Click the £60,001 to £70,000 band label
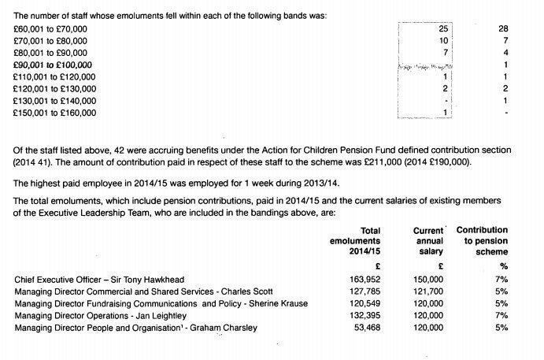(51, 29)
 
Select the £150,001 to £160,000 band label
(54, 113)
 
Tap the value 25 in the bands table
(443, 29)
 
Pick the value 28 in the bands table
(504, 29)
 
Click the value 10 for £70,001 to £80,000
(443, 41)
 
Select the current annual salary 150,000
(428, 279)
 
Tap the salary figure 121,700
(428, 291)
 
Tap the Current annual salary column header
(428, 240)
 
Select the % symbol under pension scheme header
(504, 265)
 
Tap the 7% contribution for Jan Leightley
(501, 315)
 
